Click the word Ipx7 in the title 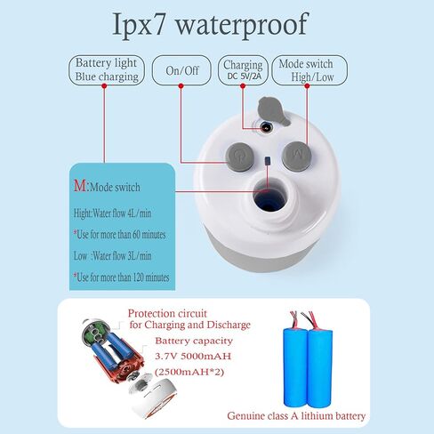coord(139,25)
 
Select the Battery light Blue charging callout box coord(107,70)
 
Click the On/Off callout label coord(181,70)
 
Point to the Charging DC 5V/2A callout coord(243,70)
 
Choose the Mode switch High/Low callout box coord(309,70)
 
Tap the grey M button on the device coord(297,155)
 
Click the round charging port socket coord(266,128)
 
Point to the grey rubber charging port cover coord(272,111)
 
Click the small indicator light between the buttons coord(268,161)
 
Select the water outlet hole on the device coord(269,197)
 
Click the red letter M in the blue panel coord(80,186)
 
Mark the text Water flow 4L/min coord(122,213)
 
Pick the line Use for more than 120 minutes coord(122,277)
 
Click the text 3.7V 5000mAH coord(193,356)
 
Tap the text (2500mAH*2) coord(189,372)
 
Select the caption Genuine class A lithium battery coord(296,416)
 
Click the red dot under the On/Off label coord(181,86)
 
